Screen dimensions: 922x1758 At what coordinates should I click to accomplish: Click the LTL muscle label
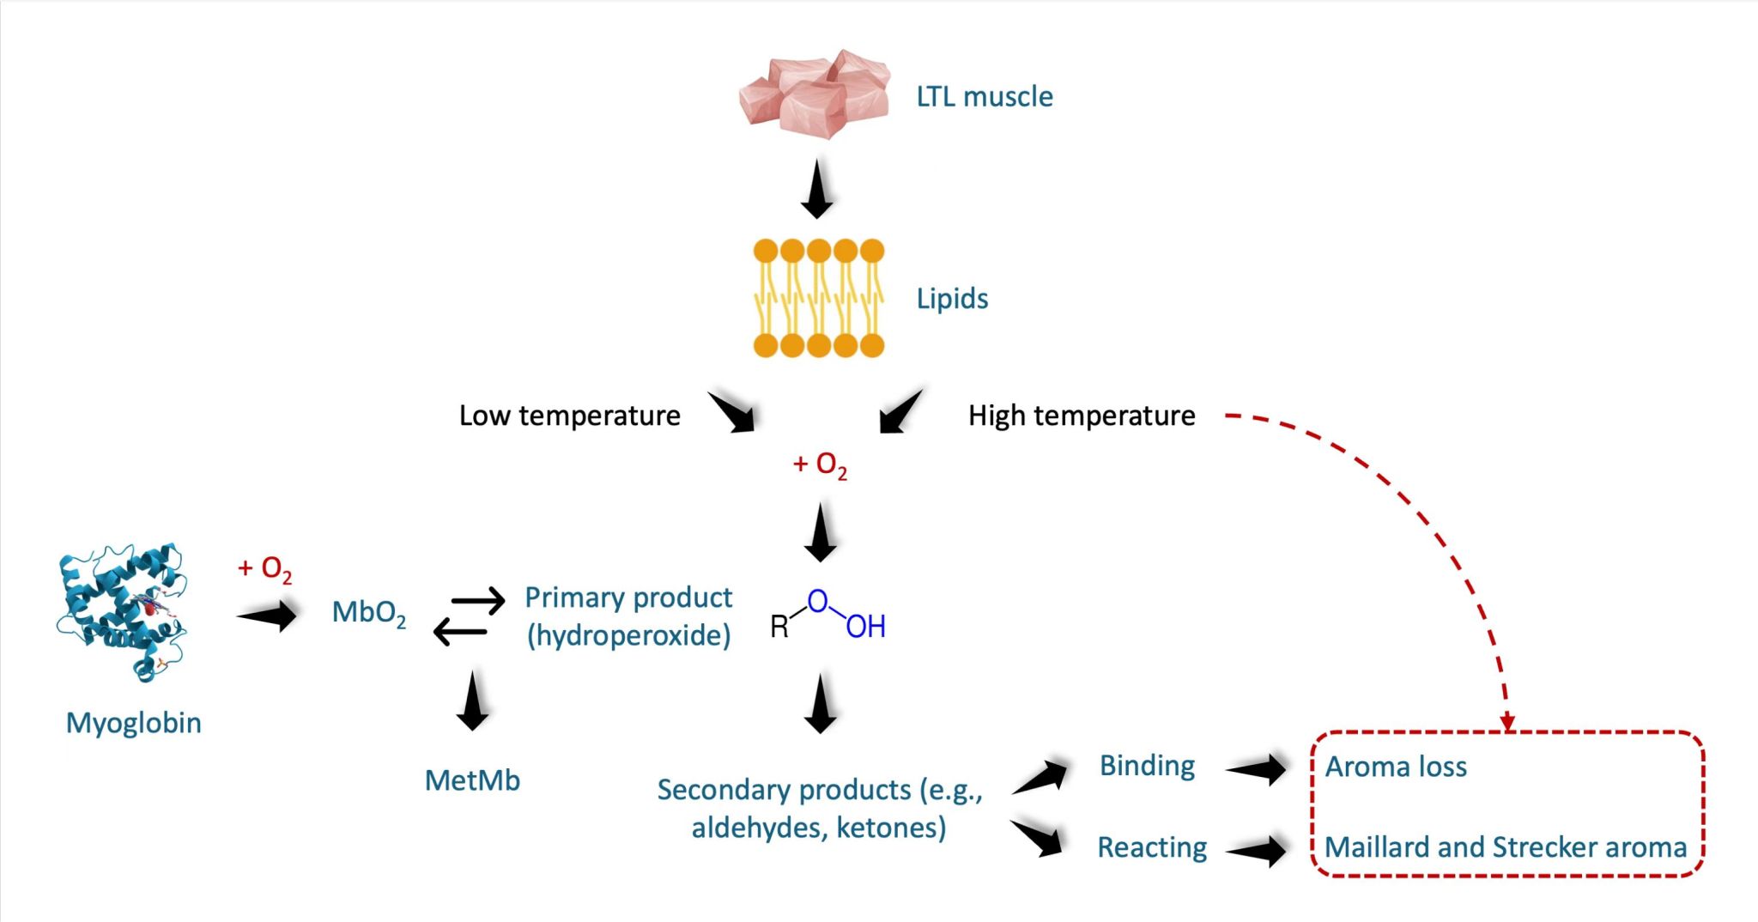984,96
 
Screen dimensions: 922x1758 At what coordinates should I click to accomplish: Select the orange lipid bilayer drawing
818,298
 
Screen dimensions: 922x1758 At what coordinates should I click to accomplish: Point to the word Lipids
952,298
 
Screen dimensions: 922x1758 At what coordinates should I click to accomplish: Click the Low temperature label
569,416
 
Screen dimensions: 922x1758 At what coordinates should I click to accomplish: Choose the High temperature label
1082,416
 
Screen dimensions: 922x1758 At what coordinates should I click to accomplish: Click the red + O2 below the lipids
819,465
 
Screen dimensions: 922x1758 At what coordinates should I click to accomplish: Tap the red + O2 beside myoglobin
264,568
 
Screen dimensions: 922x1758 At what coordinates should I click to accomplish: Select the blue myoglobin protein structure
122,611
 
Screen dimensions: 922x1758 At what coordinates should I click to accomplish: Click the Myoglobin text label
134,723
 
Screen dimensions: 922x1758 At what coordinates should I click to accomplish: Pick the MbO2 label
368,613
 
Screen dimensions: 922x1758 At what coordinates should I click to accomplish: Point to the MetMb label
472,780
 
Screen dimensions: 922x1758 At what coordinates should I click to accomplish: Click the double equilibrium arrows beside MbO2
469,616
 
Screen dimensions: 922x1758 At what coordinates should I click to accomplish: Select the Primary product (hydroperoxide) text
628,616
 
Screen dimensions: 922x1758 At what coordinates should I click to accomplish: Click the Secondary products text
819,808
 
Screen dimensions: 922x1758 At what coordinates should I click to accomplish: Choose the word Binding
1147,766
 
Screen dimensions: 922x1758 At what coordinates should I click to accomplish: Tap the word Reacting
1152,847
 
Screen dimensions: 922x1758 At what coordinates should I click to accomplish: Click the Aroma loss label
1396,767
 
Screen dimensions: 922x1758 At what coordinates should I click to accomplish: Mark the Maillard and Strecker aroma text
1506,847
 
